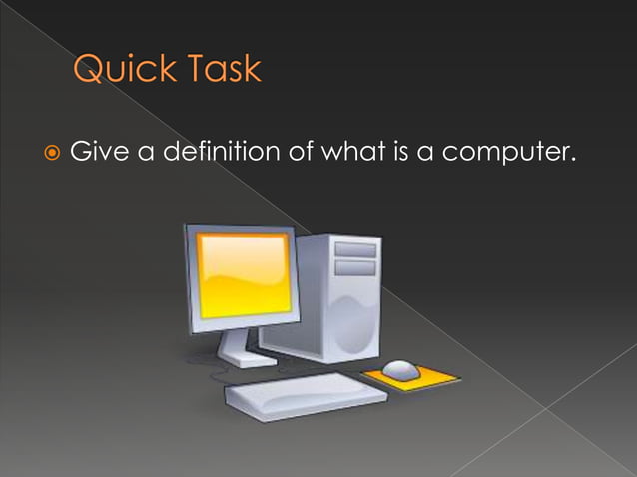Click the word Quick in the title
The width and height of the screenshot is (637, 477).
pyautogui.click(x=121, y=70)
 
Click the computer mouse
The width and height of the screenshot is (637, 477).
pyautogui.click(x=401, y=369)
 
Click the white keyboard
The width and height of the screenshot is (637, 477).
pyautogui.click(x=305, y=394)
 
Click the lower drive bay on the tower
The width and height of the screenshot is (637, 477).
pyautogui.click(x=354, y=267)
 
